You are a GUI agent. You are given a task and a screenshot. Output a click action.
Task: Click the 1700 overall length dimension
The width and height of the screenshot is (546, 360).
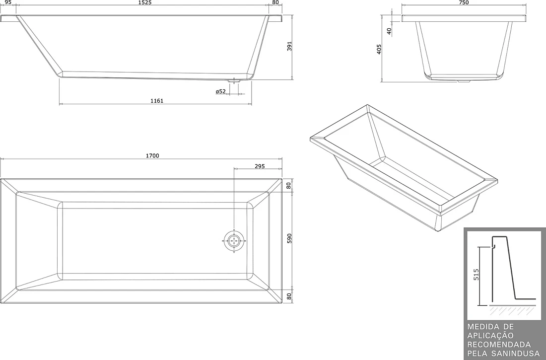click(x=152, y=156)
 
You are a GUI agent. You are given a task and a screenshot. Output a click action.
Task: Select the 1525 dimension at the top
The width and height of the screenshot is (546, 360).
click(x=144, y=2)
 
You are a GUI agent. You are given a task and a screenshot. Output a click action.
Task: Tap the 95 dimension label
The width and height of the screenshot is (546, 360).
click(x=8, y=2)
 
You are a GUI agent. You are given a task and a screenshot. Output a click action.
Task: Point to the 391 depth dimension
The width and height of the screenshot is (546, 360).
click(x=289, y=46)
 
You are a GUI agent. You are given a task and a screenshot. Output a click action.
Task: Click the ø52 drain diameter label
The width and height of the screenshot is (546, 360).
click(x=221, y=92)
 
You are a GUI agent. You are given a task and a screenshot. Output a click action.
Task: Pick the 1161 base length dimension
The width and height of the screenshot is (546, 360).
click(x=157, y=101)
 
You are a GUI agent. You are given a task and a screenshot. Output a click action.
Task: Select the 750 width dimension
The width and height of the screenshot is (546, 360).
click(x=464, y=2)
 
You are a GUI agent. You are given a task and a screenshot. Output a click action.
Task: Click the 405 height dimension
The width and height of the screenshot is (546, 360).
click(x=379, y=49)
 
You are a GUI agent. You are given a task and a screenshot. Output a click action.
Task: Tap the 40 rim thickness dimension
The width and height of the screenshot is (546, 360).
click(x=389, y=31)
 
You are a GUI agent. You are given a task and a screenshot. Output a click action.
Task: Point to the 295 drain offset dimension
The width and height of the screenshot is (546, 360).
click(x=260, y=166)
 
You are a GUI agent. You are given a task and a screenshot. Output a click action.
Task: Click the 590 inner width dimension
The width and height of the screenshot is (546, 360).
click(x=289, y=238)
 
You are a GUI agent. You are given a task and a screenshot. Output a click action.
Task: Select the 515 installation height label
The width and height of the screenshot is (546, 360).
click(x=477, y=274)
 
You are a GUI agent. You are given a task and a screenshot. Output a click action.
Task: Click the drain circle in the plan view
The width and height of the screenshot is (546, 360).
click(x=234, y=241)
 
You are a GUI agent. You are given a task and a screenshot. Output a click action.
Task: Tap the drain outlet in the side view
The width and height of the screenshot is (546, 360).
click(x=234, y=81)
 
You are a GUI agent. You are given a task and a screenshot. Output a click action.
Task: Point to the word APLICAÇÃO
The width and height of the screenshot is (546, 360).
click(x=490, y=336)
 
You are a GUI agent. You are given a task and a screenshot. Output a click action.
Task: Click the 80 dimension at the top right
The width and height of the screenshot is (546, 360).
click(x=275, y=2)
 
